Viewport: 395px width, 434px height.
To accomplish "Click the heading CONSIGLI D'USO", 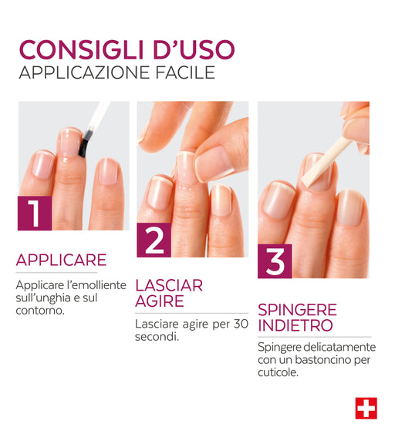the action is [x=127, y=50].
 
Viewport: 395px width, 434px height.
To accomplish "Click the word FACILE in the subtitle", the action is [x=185, y=72].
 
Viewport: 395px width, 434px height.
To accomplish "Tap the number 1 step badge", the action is [x=35, y=213].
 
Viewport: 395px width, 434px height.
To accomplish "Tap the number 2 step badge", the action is [x=154, y=240].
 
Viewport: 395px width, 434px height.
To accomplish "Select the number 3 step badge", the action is [x=275, y=261].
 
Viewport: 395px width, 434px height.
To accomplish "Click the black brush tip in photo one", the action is [x=83, y=146].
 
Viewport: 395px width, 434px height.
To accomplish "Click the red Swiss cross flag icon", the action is [x=366, y=409].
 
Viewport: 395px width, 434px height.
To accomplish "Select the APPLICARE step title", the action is [x=61, y=260].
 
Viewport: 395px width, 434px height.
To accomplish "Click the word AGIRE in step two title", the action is [x=160, y=301].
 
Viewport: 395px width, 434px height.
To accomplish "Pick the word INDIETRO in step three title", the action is [x=295, y=325].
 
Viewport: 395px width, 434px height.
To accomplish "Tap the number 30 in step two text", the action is [x=241, y=324].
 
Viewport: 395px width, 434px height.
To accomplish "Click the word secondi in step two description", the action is [x=157, y=337].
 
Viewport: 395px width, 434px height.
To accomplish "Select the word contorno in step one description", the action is [x=40, y=311].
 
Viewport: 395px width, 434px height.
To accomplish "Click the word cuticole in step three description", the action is [x=278, y=372].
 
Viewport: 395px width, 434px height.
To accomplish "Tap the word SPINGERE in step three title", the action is [x=297, y=310].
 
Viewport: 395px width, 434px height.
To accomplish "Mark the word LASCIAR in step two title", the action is [x=169, y=285].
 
